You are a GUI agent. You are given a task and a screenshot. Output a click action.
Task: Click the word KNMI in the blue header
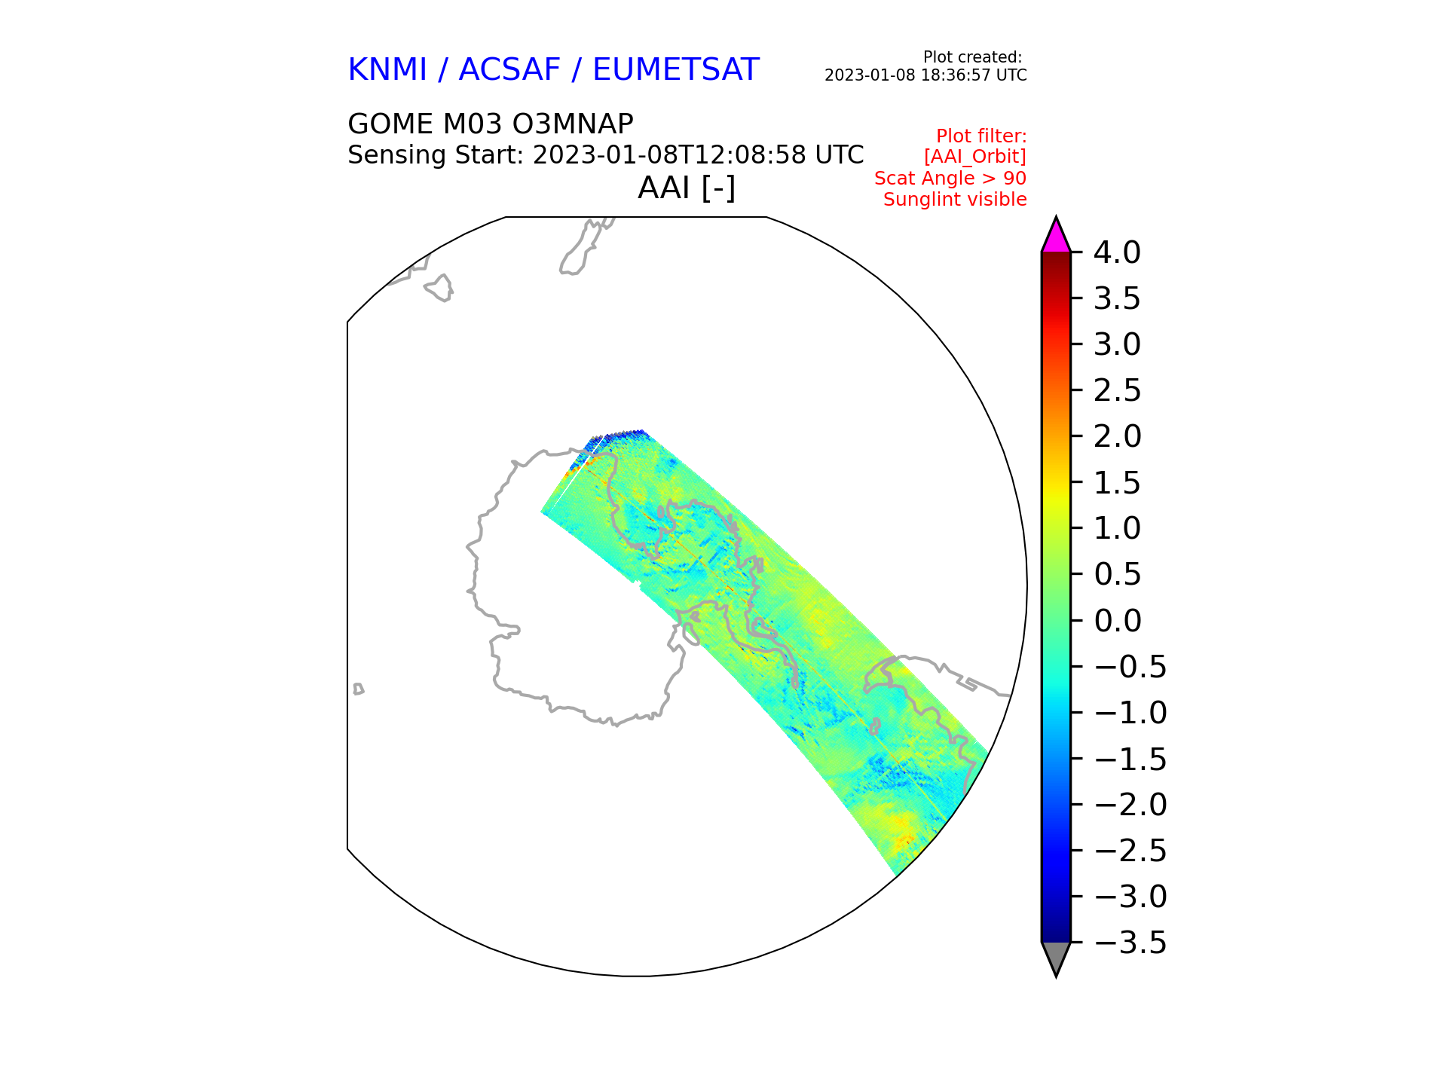pos(387,70)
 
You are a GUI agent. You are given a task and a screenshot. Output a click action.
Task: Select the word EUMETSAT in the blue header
pos(675,70)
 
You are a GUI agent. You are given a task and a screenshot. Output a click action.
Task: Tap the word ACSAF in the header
pos(509,70)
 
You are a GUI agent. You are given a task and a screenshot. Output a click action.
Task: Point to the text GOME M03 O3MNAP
pos(490,124)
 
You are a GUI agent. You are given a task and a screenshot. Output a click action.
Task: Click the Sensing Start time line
pos(605,155)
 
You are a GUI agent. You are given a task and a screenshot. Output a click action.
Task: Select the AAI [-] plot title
pos(687,188)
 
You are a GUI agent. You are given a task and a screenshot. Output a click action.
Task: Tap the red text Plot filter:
pos(981,136)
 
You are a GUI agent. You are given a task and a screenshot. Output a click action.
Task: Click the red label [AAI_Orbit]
pos(975,157)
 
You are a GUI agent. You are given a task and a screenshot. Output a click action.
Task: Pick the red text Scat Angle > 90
pos(950,179)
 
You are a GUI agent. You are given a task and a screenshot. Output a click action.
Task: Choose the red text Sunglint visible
pos(955,200)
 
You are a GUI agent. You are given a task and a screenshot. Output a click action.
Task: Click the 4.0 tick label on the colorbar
pos(1117,253)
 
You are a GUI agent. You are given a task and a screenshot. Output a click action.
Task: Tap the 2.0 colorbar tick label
pos(1117,437)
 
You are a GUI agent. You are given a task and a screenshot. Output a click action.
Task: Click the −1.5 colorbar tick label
pos(1130,759)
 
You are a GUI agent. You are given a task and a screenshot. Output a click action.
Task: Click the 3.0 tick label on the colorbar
pos(1117,345)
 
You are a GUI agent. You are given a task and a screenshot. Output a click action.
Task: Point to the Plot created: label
pos(972,57)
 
